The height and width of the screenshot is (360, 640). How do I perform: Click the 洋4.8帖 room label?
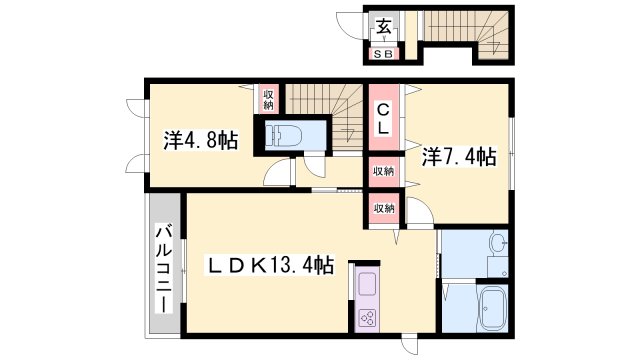(x=200, y=141)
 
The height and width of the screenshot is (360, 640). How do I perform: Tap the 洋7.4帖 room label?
(x=458, y=156)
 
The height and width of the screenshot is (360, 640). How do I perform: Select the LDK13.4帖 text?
(x=269, y=265)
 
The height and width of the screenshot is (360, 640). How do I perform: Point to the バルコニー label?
(x=162, y=267)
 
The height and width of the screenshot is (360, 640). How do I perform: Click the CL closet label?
(x=383, y=119)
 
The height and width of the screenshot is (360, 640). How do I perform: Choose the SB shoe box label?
(x=384, y=54)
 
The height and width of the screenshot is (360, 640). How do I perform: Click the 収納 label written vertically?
(x=269, y=98)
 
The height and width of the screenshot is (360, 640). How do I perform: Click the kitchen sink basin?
(x=365, y=282)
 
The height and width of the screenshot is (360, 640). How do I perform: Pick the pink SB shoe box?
(x=384, y=54)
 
